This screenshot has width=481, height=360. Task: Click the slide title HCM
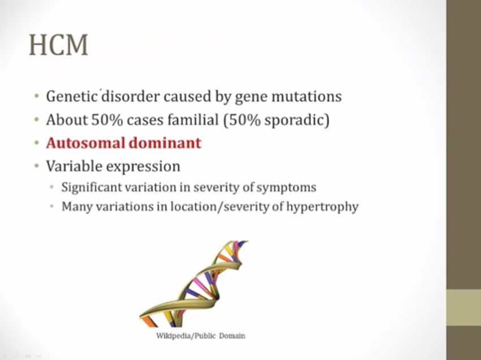coord(59,45)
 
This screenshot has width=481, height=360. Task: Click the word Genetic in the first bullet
coord(72,96)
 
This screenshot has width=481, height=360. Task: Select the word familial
coord(193,119)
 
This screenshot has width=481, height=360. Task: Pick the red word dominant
coord(165,143)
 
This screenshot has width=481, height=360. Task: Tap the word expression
coord(143,167)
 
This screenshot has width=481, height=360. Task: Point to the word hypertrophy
coord(323,207)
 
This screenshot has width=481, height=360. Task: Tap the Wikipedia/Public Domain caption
coord(201,336)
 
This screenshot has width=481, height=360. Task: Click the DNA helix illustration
coord(194,284)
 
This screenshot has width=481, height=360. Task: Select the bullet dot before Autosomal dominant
coord(37,143)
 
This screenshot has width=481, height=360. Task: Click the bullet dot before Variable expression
coord(37,166)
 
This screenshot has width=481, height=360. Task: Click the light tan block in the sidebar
coord(463,307)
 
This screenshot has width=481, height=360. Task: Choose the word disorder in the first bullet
coord(130,96)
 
